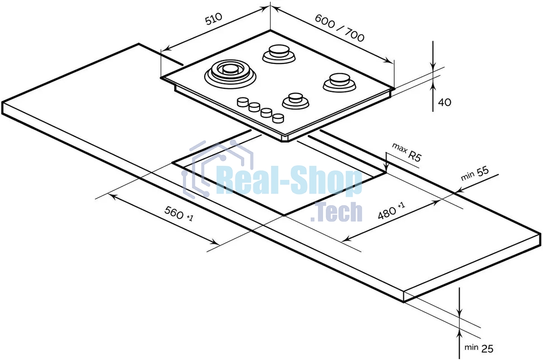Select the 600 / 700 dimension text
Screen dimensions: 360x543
point(339,28)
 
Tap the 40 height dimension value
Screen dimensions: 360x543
point(445,103)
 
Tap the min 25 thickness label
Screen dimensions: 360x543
point(479,348)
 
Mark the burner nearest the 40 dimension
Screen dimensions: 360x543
point(338,82)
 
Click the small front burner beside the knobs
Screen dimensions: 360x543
point(295,100)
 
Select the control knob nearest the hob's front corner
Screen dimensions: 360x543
point(278,118)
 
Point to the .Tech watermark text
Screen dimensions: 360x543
point(337,212)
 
